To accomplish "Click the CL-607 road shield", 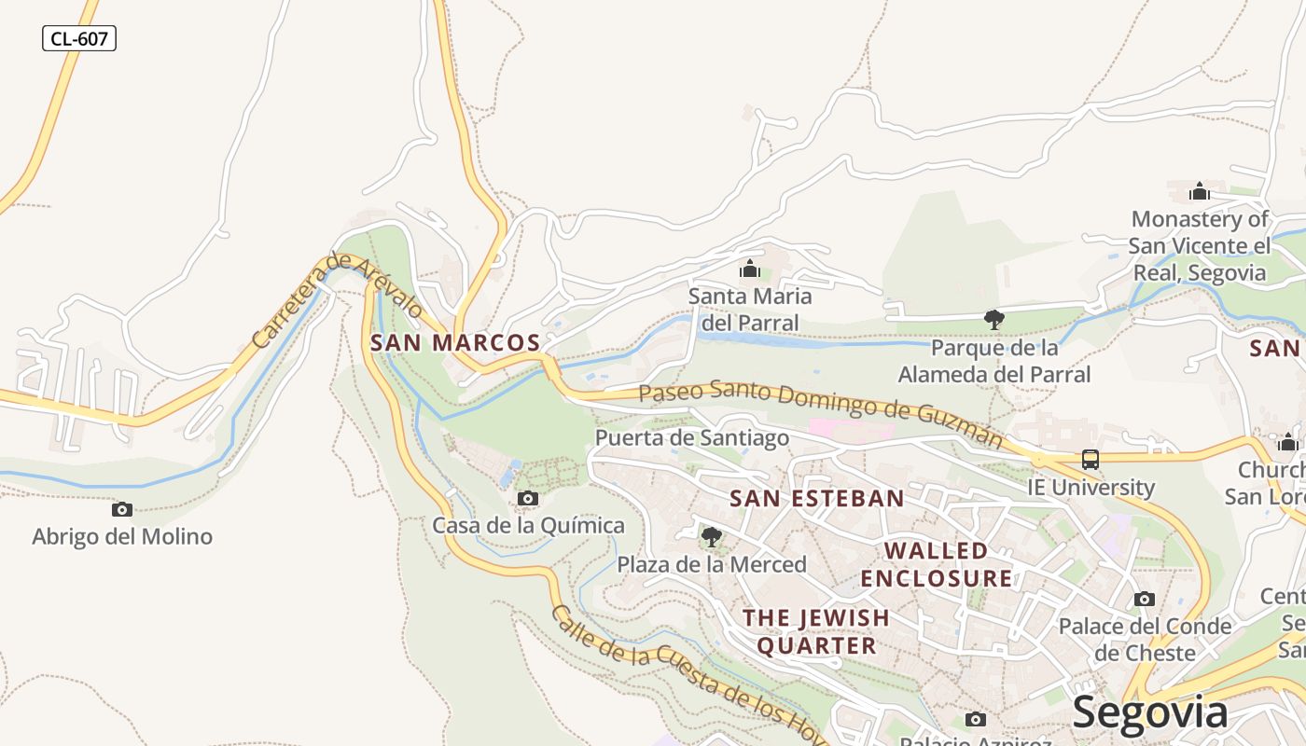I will [79, 38].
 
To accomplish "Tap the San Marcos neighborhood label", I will [455, 342].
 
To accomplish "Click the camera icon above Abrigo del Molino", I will [122, 509].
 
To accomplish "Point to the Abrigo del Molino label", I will [122, 536].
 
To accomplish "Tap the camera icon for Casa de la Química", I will [528, 499].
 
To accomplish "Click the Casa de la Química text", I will [528, 525].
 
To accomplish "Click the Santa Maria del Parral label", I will [750, 310].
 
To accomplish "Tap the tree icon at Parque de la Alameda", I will [994, 320].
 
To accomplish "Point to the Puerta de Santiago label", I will [692, 437].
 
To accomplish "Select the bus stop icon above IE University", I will [1091, 460].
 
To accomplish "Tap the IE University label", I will [1091, 487].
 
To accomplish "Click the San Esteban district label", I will [817, 498].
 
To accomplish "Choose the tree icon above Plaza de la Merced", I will [712, 537].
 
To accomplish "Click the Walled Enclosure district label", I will [937, 564].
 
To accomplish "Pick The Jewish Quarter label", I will [816, 631].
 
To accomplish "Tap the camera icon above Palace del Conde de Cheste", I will [1145, 600].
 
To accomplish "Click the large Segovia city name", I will [1149, 712].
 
